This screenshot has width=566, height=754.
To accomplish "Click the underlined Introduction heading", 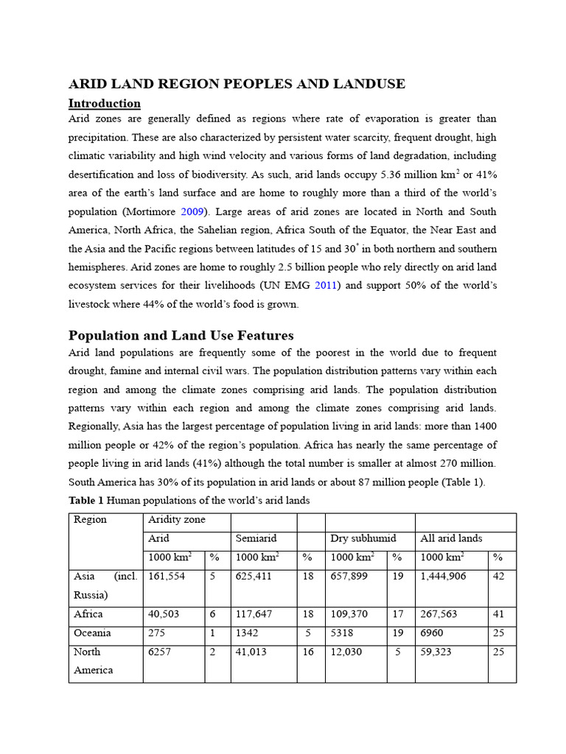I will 104,103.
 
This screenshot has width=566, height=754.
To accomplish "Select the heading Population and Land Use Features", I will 181,336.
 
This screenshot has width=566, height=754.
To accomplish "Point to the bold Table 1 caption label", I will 86,501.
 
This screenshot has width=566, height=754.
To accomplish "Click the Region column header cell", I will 90,520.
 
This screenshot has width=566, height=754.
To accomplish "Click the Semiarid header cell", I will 256,539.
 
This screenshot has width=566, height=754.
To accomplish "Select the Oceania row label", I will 93,633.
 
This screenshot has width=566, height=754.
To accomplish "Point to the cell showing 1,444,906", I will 443,577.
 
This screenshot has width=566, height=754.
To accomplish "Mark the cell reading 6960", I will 433,633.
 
